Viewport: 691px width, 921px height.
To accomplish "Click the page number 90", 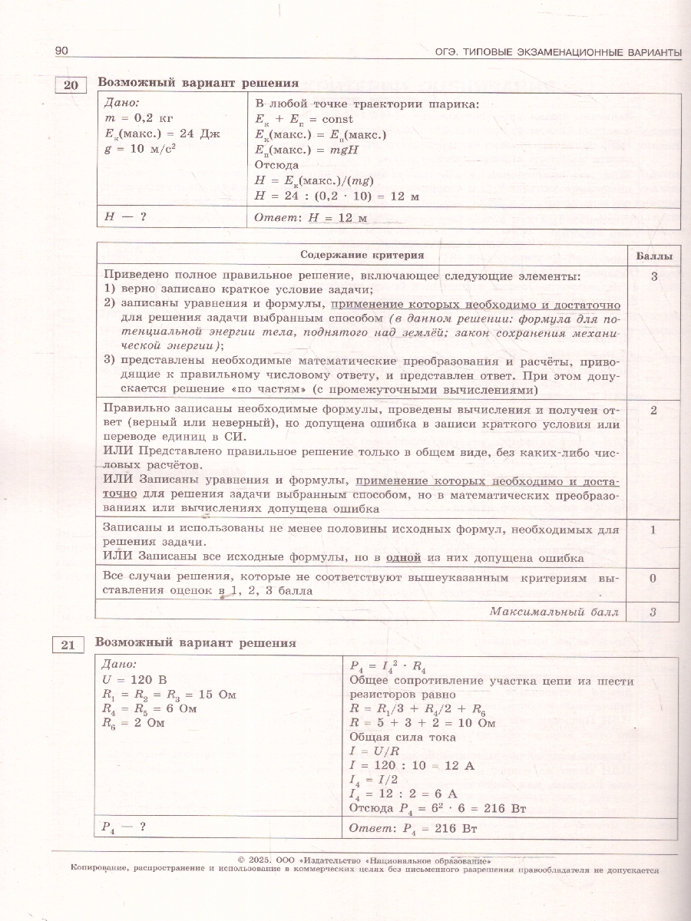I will [61, 51].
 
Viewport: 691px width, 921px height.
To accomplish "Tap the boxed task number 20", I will [69, 85].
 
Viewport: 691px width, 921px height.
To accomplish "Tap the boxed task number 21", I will [68, 645].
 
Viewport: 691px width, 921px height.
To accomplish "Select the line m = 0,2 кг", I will [136, 119].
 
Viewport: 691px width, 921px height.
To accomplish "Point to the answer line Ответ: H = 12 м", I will [311, 218].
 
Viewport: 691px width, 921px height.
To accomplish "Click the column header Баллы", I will [653, 256].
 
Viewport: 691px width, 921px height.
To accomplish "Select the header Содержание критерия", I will [362, 256].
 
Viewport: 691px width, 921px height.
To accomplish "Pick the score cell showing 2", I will [653, 411].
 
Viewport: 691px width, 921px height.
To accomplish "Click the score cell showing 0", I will [653, 578].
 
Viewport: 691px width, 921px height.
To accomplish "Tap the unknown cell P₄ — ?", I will [124, 827].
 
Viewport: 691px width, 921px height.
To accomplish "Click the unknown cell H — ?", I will [125, 216].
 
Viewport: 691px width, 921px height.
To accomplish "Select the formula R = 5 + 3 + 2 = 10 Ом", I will [422, 723].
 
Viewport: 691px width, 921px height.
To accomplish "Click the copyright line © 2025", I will [365, 860].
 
